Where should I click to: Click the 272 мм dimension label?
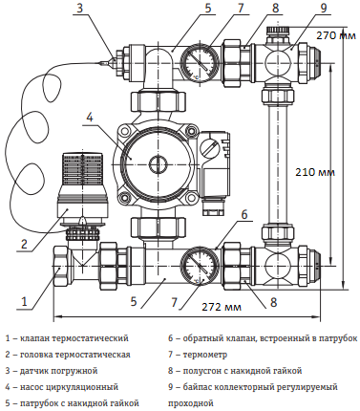click(x=222, y=307)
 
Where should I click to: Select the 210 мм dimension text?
click(x=315, y=172)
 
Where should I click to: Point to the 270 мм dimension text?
click(x=336, y=35)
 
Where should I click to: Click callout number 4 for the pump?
click(x=90, y=118)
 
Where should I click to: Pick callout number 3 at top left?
click(x=80, y=8)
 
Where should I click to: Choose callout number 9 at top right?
click(x=324, y=8)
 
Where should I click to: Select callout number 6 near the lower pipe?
click(x=244, y=214)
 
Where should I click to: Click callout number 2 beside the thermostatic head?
click(x=24, y=244)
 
